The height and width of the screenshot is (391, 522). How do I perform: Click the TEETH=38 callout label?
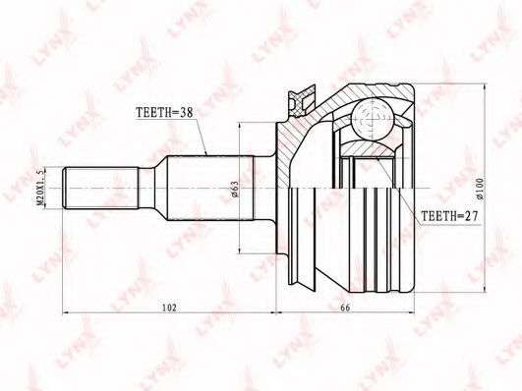click(x=164, y=112)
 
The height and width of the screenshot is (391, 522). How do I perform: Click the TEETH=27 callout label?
click(x=449, y=217)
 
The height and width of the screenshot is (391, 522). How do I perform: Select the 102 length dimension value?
click(x=169, y=307)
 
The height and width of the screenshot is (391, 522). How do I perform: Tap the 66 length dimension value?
click(x=346, y=307)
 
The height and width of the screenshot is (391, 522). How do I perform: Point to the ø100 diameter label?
click(x=480, y=189)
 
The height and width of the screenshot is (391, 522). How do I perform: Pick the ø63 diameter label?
click(x=235, y=189)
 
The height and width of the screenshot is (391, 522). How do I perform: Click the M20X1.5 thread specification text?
click(x=40, y=189)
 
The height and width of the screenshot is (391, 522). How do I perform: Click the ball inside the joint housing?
click(x=373, y=119)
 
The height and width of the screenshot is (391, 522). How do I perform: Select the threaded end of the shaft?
click(x=101, y=188)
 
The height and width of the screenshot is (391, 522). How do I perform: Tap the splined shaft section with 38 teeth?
click(x=210, y=188)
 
